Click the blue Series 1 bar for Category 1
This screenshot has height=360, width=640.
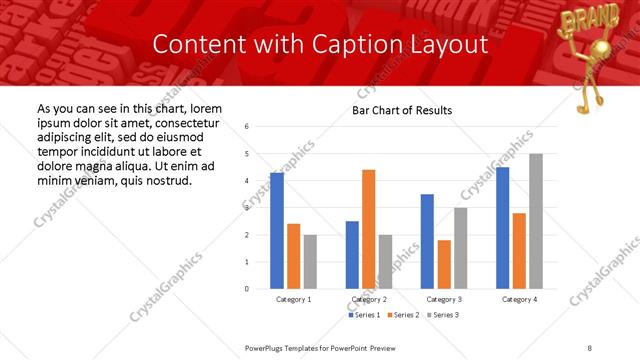click(x=277, y=231)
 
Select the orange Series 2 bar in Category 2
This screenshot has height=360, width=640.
click(x=369, y=229)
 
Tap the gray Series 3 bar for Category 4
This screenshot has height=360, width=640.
click(x=536, y=221)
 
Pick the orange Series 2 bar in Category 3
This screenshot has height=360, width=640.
click(x=444, y=264)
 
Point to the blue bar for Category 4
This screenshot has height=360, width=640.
click(x=502, y=228)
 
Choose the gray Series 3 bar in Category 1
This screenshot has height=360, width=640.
click(x=311, y=262)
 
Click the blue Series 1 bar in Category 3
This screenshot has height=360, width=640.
click(x=427, y=241)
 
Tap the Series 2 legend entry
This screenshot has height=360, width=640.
click(x=402, y=315)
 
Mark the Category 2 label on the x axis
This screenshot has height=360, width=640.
click(x=369, y=299)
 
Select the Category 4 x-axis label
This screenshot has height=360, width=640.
click(x=519, y=299)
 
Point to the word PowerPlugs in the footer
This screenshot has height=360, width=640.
click(x=266, y=347)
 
